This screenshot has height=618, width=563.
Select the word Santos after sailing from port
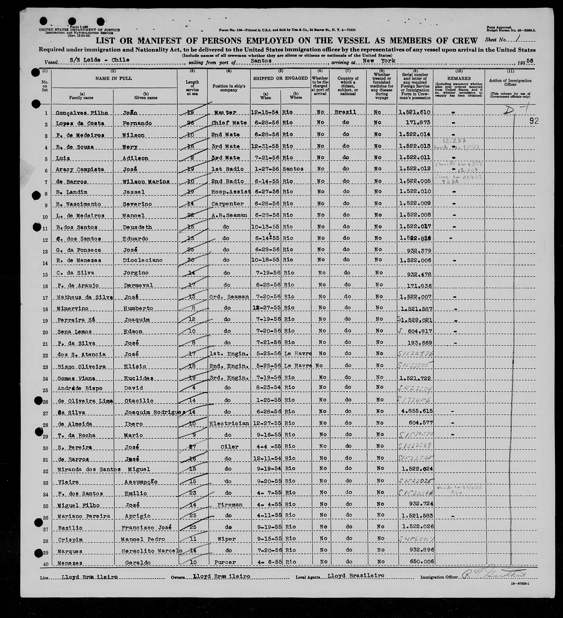click(x=261, y=61)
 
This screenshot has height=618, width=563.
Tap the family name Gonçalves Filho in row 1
click(x=82, y=113)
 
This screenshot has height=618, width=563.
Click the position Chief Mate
click(x=229, y=123)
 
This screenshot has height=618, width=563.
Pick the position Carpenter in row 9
click(x=227, y=204)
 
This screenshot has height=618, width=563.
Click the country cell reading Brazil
click(x=345, y=112)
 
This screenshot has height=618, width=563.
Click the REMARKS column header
click(x=459, y=78)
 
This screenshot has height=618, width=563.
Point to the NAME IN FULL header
click(x=114, y=78)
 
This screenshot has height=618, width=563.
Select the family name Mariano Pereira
click(x=84, y=516)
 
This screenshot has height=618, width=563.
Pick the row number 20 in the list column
click(x=45, y=332)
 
